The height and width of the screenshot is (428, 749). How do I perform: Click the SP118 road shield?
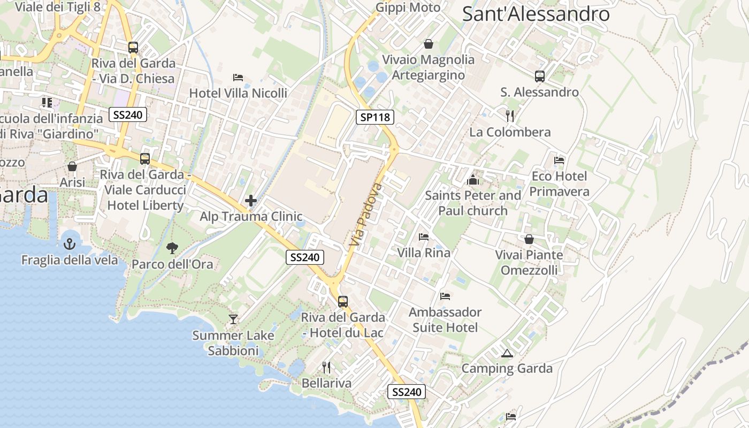375,117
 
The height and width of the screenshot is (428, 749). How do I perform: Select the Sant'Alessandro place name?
536,14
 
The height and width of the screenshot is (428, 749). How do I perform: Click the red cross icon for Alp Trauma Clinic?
251,201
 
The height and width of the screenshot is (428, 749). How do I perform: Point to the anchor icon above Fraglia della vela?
70,244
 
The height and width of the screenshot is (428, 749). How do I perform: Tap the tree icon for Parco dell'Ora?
172,248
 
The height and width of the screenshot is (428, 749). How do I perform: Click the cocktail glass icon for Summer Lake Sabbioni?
233,319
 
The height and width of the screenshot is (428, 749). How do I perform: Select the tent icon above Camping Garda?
507,353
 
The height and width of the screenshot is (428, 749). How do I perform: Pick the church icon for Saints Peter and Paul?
473,179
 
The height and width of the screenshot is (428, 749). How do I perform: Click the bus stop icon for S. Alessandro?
539,77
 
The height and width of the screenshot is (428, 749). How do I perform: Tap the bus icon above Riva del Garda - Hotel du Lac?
342,301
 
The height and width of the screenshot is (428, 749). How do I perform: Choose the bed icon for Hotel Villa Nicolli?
238,78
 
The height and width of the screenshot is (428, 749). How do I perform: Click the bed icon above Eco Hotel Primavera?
559,160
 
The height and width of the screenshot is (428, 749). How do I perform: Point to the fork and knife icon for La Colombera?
510,116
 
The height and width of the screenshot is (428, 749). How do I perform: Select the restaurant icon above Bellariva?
326,368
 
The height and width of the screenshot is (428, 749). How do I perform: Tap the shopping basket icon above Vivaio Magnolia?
428,44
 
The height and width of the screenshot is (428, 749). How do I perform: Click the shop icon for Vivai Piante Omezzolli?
529,239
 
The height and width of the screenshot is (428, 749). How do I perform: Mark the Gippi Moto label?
408,7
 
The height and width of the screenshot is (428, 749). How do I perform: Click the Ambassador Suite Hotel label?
445,319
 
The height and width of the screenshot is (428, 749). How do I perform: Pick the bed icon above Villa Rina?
424,236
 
